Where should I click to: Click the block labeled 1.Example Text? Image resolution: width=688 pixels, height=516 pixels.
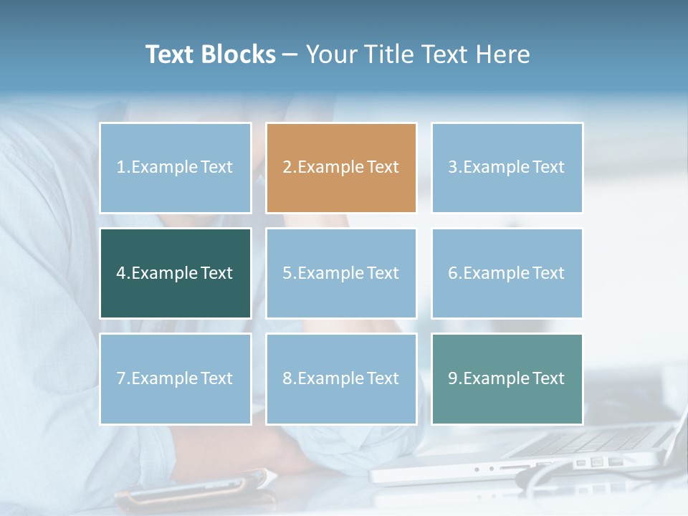(176, 168)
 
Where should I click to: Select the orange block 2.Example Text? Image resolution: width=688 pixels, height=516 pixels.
(341, 168)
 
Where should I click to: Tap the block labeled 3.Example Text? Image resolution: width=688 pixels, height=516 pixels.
(507, 168)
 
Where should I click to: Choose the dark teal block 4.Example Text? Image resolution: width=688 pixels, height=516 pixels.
(176, 273)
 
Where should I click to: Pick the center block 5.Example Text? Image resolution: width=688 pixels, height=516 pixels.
(341, 273)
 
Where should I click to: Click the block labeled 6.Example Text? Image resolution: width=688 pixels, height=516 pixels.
(507, 273)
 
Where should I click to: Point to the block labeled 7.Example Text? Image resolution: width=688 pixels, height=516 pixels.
(176, 378)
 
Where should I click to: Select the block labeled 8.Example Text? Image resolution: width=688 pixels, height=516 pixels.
(341, 378)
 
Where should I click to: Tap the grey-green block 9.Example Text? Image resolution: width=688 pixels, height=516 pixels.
(507, 378)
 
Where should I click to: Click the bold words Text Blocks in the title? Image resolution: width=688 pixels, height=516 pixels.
(211, 54)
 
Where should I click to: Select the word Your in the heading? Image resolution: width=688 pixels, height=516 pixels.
(332, 54)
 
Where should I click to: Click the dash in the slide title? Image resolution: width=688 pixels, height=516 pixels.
(291, 54)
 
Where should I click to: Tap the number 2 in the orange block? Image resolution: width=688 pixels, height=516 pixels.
(287, 168)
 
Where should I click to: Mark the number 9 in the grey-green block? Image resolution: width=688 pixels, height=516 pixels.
(453, 378)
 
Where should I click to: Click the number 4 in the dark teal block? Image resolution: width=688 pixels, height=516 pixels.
(121, 273)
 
